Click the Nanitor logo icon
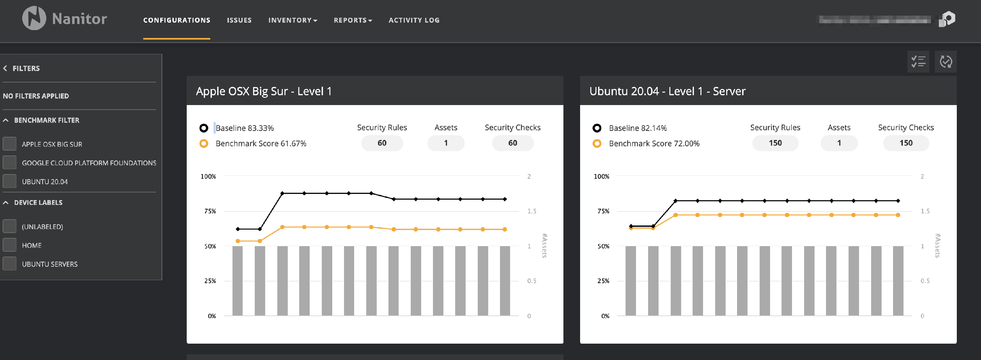(x=34, y=18)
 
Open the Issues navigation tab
(x=239, y=20)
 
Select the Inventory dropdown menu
(x=292, y=20)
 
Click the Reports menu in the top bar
(x=353, y=20)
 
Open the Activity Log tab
(x=414, y=20)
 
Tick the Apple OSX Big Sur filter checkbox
(x=9, y=144)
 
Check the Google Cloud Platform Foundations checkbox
(x=9, y=163)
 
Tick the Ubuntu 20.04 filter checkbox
(x=9, y=181)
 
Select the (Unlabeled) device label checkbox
(x=9, y=226)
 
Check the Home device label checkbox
(x=9, y=245)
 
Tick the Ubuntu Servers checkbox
(x=9, y=264)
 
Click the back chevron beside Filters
(x=5, y=68)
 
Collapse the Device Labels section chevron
(x=6, y=203)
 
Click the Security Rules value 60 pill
(x=382, y=143)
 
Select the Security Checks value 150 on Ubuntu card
(x=905, y=143)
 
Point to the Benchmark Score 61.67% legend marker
(x=204, y=144)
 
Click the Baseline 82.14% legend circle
(x=597, y=128)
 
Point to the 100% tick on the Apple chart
(x=208, y=176)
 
